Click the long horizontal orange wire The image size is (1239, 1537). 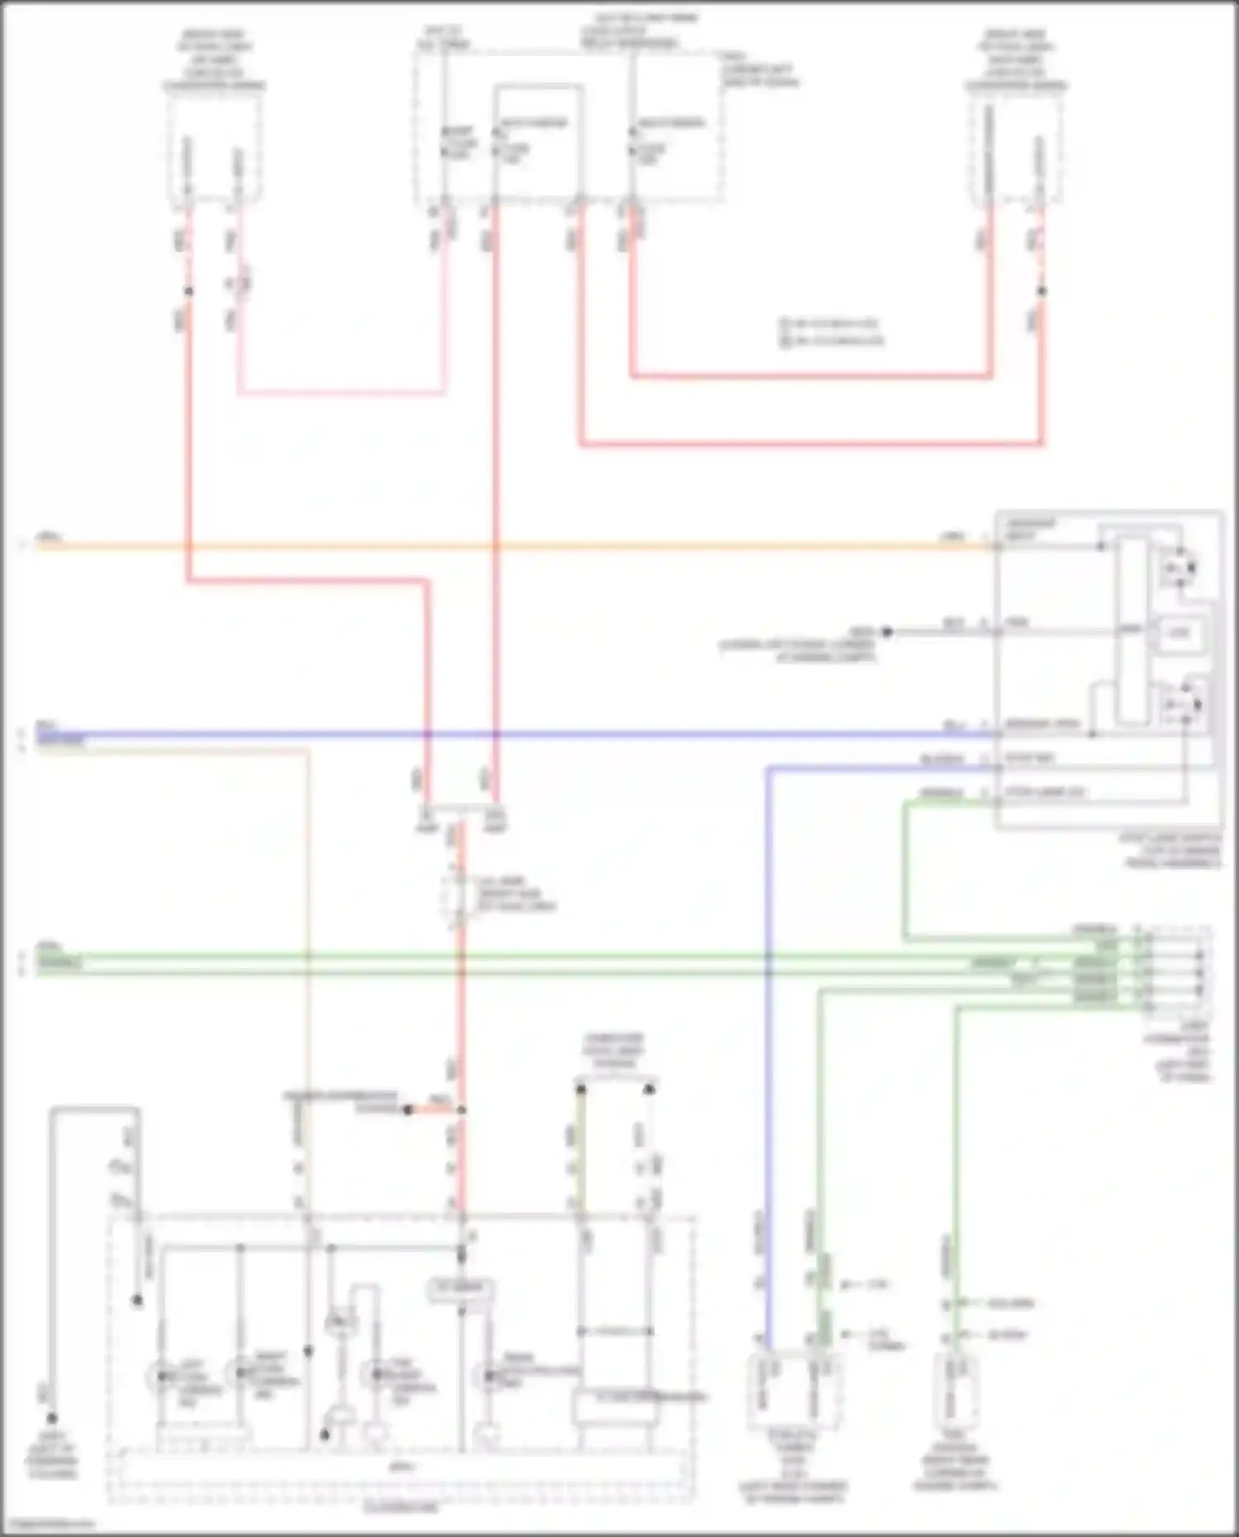(x=578, y=546)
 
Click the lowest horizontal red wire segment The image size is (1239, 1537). (x=809, y=444)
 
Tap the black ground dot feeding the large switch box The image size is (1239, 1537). (x=886, y=632)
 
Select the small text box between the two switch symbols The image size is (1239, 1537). (x=1179, y=633)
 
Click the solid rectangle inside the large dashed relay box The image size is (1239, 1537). (x=539, y=140)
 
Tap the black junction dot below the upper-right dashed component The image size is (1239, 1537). (x=1042, y=291)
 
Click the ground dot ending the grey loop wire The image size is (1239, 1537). (x=51, y=1418)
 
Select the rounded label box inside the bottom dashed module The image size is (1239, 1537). (x=460, y=1289)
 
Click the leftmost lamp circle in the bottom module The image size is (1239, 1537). (x=159, y=1377)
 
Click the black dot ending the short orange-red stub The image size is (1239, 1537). (x=407, y=1111)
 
